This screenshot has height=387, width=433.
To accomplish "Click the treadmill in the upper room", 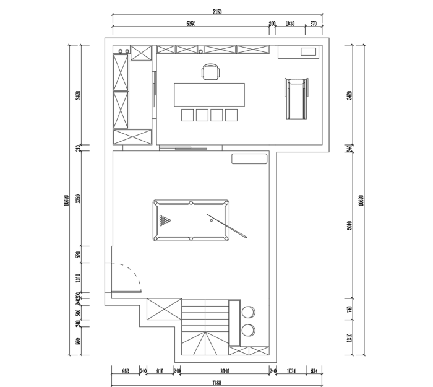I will [295, 98].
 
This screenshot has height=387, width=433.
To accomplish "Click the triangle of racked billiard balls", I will [165, 220].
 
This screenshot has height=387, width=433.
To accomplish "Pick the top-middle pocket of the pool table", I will [191, 202].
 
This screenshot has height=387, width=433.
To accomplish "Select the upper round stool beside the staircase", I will [249, 311].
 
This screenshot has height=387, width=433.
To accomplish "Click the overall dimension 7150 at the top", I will [217, 12].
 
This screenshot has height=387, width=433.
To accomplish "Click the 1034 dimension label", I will [291, 372].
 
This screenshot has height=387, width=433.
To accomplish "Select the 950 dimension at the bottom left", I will [125, 372].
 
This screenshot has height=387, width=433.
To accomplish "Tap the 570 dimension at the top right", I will [313, 24].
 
